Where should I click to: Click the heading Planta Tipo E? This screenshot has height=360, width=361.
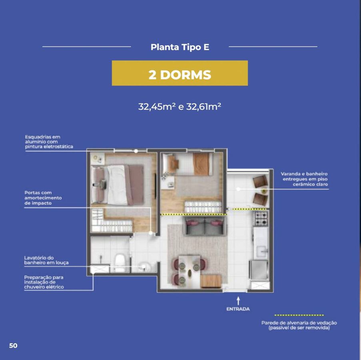(180, 47)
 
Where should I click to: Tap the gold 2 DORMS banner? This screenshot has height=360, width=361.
(180, 73)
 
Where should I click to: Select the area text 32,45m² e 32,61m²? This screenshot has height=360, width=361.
(180, 107)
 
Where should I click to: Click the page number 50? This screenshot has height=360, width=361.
(13, 346)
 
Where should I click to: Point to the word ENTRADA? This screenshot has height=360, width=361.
(238, 309)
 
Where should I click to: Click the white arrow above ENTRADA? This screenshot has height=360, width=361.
(238, 301)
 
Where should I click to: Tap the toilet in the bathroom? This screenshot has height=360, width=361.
(120, 262)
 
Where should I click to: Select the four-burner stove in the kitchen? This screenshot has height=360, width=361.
(261, 218)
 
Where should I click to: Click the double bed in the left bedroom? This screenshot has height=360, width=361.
(118, 185)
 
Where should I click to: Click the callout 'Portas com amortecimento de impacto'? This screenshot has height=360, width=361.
(43, 198)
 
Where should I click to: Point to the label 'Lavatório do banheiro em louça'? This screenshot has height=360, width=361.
(46, 260)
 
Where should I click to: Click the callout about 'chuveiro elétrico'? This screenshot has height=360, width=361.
(44, 282)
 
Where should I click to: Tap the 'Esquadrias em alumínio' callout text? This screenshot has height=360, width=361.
(49, 142)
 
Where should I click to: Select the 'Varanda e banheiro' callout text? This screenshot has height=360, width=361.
(304, 179)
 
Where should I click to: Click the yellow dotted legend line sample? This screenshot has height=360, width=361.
(299, 315)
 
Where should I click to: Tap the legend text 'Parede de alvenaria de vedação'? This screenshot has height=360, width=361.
(299, 323)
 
